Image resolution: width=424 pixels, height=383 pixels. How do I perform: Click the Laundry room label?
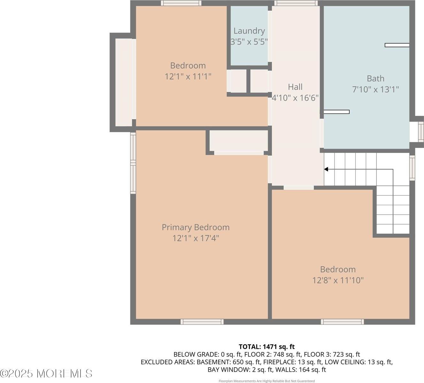(x=249, y=31)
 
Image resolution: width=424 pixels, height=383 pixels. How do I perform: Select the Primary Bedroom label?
(x=195, y=227)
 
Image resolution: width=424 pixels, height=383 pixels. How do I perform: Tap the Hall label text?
(x=295, y=87)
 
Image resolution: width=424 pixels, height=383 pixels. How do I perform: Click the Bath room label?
(x=375, y=79)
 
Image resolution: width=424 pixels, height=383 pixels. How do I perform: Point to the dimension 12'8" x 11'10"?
(x=338, y=280)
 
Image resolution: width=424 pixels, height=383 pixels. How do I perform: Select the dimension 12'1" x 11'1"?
(x=188, y=77)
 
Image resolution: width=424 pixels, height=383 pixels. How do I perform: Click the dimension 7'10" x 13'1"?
(x=375, y=89)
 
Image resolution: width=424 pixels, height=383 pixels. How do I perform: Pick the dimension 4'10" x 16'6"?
(x=295, y=98)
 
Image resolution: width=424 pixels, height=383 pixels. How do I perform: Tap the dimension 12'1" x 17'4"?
(x=195, y=238)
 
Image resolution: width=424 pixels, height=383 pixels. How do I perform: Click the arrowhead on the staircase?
(x=326, y=169)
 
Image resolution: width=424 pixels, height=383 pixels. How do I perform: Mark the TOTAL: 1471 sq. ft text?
(x=267, y=347)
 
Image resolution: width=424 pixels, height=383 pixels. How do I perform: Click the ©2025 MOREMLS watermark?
(x=46, y=373)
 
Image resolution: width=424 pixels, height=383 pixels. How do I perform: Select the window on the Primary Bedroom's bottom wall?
(x=202, y=322)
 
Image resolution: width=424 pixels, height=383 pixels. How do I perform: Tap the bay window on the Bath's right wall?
(x=420, y=131)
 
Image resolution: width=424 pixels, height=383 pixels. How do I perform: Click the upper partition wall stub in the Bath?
(x=397, y=45)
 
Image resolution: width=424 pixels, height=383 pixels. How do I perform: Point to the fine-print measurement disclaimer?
(x=267, y=381)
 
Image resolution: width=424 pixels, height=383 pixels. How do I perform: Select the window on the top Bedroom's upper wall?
(x=181, y=3)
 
